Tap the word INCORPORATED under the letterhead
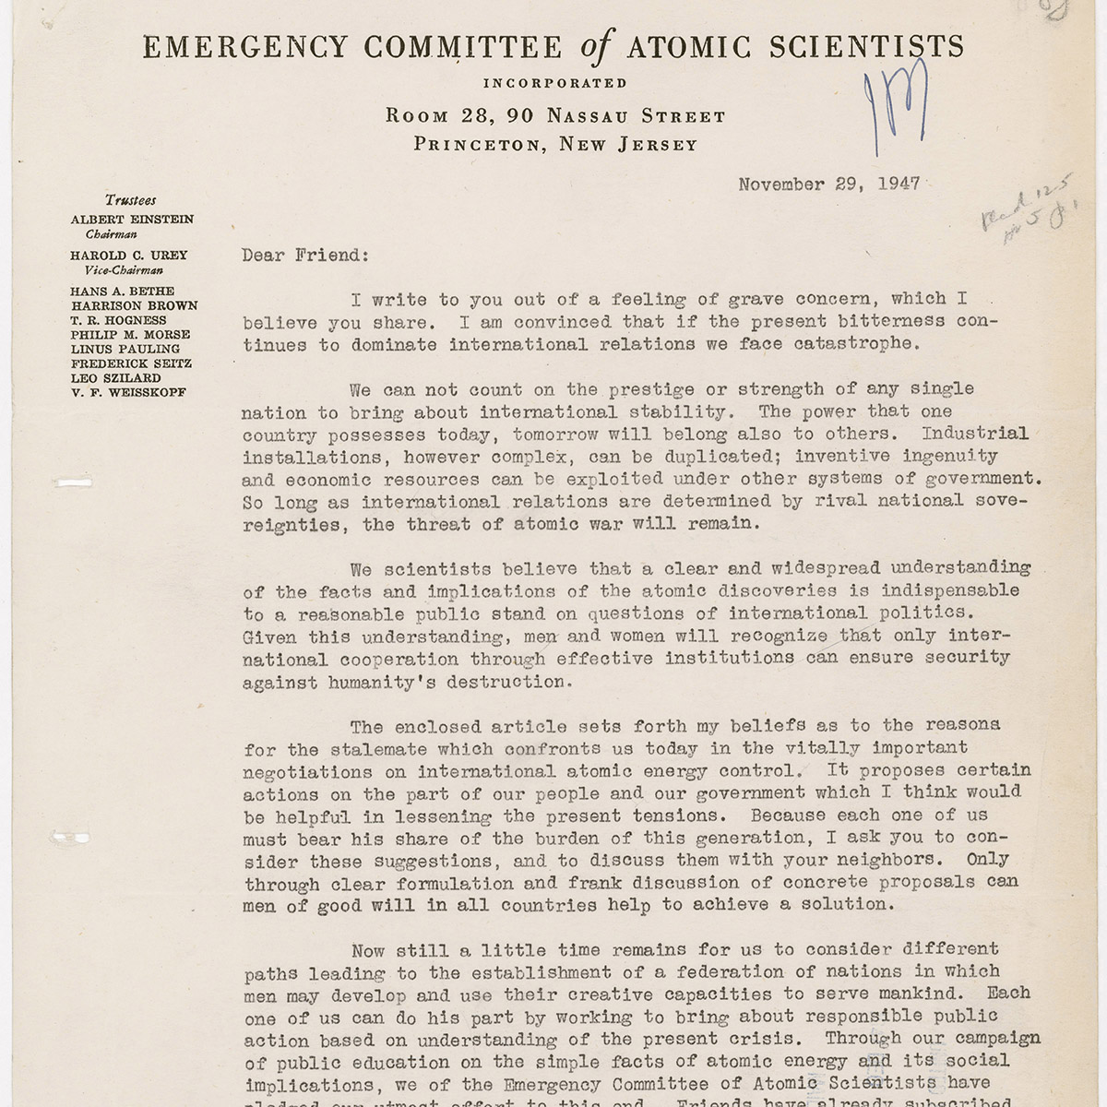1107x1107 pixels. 555,83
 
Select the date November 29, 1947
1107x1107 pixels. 828,184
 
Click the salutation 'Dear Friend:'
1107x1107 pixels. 304,256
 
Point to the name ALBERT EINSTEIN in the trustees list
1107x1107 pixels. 132,220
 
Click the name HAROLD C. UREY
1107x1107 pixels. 128,256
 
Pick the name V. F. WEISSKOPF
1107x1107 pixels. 127,393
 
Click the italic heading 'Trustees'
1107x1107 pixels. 130,200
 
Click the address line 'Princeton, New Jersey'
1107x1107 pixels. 555,144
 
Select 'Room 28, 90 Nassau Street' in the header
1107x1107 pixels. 555,116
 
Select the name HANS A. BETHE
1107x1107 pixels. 122,292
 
